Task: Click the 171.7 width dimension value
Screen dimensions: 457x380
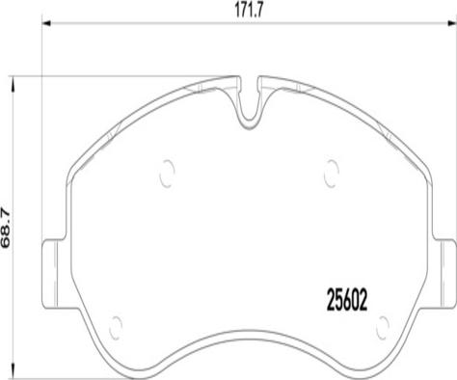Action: pos(249,11)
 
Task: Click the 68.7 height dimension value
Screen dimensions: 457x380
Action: pos(6,228)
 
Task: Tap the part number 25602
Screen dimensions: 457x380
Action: pos(347,300)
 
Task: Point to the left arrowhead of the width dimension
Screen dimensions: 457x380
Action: pos(47,23)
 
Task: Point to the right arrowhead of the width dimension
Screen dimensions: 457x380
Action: pos(452,23)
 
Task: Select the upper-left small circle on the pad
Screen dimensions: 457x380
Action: pos(167,174)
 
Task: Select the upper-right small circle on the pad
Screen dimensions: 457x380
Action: pos(332,174)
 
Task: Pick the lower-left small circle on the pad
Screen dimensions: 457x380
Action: pos(116,328)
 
